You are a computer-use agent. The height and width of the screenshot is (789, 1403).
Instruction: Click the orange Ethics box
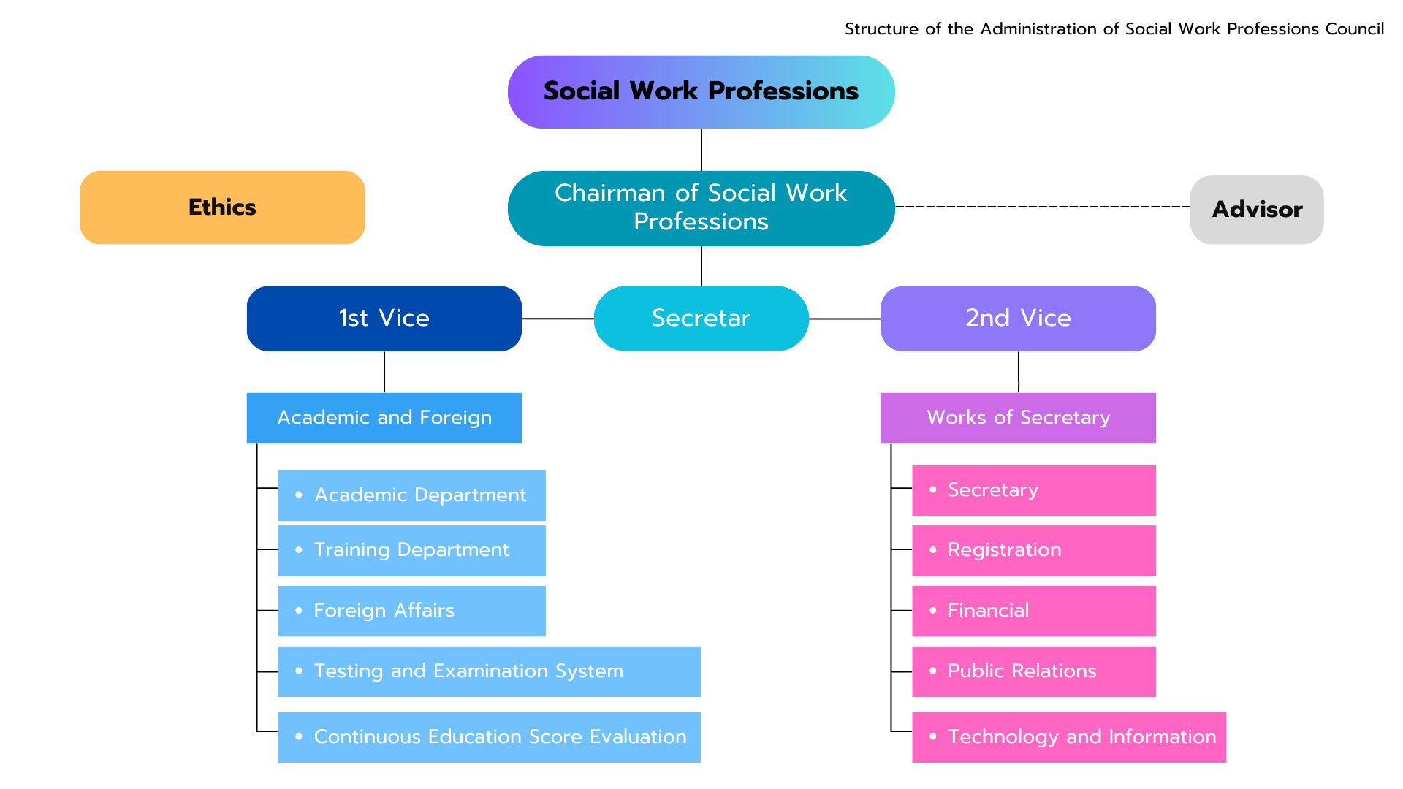(222, 207)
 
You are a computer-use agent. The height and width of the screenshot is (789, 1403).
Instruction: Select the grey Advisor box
(1256, 210)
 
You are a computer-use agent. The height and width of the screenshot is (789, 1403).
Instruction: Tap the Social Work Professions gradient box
(701, 92)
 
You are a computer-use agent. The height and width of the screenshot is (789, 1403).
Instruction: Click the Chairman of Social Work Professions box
(701, 208)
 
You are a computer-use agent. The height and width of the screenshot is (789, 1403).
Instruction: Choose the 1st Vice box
(384, 319)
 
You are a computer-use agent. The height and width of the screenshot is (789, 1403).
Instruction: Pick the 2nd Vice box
(1018, 319)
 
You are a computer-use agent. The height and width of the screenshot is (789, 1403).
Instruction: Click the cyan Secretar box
(701, 319)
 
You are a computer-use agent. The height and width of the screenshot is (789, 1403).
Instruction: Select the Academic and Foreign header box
(384, 418)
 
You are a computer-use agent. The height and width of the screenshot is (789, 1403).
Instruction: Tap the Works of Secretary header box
(1018, 418)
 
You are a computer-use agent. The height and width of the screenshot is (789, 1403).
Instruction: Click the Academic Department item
(411, 495)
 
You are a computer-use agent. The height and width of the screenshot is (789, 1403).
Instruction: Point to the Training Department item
(411, 550)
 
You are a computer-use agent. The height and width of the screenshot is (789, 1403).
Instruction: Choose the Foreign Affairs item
(411, 611)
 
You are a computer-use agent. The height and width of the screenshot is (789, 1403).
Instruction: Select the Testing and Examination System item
(489, 671)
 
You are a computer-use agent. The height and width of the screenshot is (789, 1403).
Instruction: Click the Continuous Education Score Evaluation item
(489, 737)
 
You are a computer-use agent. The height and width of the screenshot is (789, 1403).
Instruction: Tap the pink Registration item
(1033, 550)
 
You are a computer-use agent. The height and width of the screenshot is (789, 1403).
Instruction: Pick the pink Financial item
(1033, 611)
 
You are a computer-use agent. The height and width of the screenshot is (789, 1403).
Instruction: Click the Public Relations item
(1033, 671)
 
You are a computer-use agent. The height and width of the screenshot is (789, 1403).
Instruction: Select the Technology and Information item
(1068, 737)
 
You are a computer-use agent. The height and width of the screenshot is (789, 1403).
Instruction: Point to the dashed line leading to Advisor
(1042, 207)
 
